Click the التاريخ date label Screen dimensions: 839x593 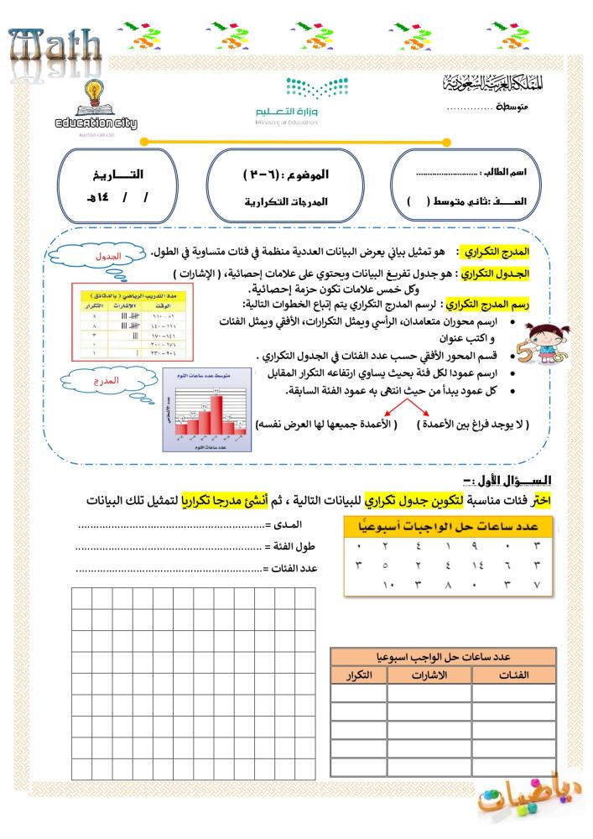[115, 175]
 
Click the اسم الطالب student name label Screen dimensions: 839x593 [509, 171]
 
